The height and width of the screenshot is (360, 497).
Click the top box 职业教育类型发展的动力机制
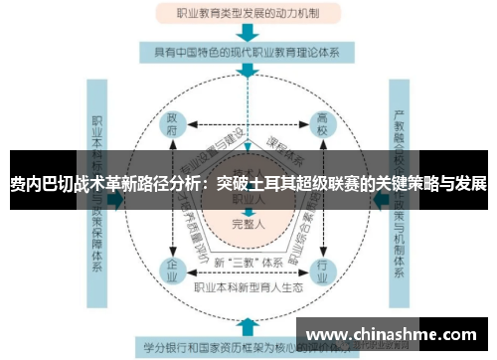click(x=248, y=15)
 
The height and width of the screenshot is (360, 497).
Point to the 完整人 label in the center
click(x=248, y=224)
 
